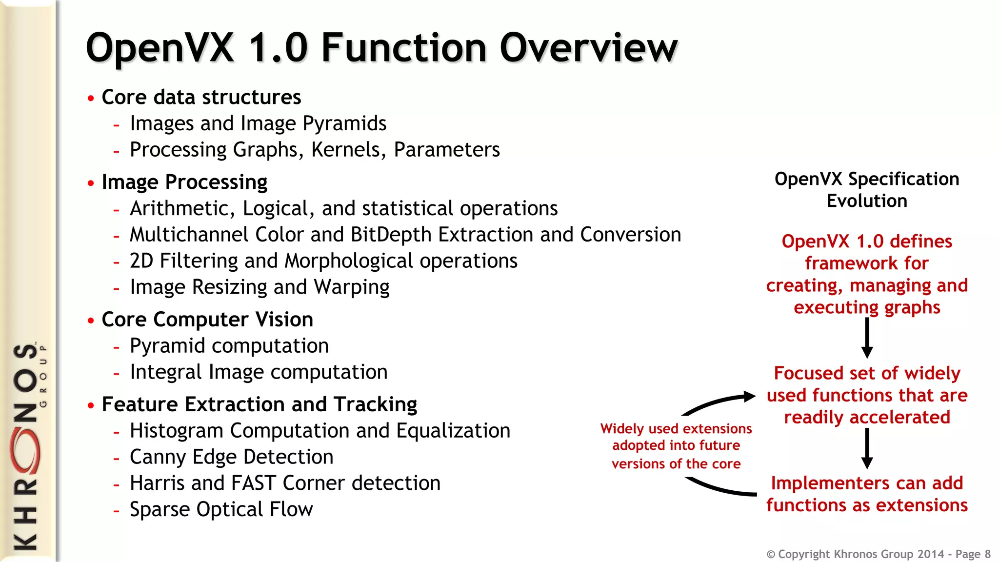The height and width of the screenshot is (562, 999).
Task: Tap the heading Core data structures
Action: pos(201,97)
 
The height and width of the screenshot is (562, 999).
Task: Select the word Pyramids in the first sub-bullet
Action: pos(344,123)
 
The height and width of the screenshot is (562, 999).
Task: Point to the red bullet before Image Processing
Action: pos(91,183)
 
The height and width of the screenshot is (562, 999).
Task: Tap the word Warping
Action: pos(351,287)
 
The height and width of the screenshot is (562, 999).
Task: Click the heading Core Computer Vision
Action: pos(207,320)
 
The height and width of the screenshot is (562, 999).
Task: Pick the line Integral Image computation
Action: pos(259,372)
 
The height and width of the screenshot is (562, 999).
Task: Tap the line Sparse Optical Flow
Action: pos(221,510)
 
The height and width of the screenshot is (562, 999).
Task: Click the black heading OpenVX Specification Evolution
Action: pos(867,190)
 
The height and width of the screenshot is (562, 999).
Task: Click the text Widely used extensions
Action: pos(676,429)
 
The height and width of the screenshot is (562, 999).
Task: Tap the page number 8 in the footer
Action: pos(987,554)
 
